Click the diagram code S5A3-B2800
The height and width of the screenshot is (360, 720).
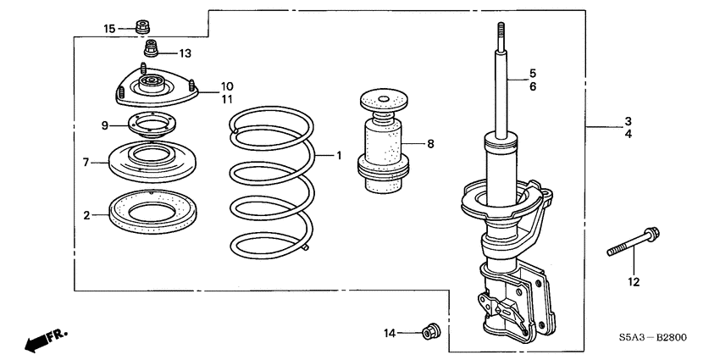(651, 337)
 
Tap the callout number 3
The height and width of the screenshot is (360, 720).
(628, 120)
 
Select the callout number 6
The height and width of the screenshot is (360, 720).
(533, 87)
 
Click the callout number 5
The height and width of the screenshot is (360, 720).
(533, 73)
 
